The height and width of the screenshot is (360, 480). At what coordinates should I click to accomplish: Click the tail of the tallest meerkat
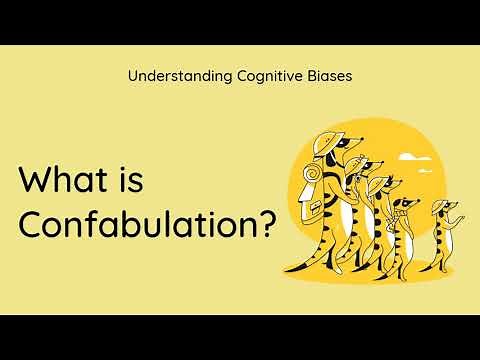pos(300,262)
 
